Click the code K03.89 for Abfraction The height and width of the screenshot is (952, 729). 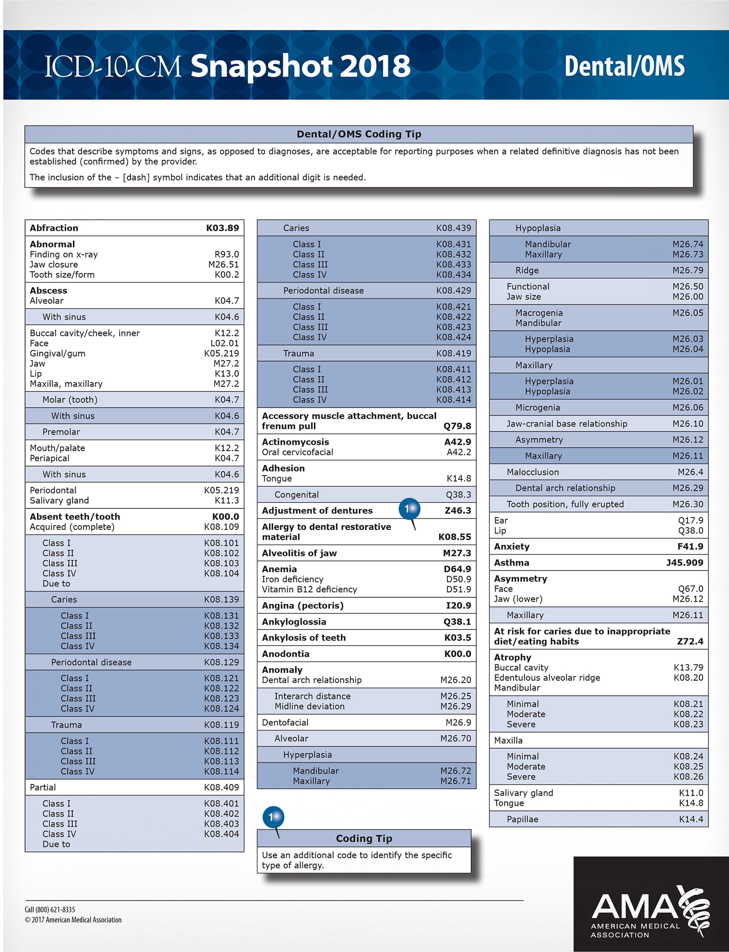click(x=222, y=228)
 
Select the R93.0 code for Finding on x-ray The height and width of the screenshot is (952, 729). click(x=227, y=254)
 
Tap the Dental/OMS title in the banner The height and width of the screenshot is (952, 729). click(x=624, y=66)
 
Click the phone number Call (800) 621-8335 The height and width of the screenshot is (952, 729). click(x=50, y=909)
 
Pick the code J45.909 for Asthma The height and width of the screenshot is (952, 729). click(x=684, y=562)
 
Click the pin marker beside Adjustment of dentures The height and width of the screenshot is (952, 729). click(x=409, y=508)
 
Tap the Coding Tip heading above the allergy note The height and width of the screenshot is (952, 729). click(x=364, y=838)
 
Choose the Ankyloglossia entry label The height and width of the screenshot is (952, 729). click(x=294, y=621)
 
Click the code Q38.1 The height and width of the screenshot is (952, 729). click(x=457, y=621)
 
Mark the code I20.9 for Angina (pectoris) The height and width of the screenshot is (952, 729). click(x=458, y=605)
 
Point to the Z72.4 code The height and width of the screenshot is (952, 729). click(x=690, y=641)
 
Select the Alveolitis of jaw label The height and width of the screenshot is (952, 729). click(x=299, y=553)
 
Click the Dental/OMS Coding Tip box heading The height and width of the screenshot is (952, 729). click(x=359, y=134)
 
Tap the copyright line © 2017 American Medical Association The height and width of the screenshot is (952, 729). click(x=73, y=920)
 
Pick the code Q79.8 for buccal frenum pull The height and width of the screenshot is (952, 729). click(x=457, y=426)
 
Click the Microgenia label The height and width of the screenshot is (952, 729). click(x=537, y=408)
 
